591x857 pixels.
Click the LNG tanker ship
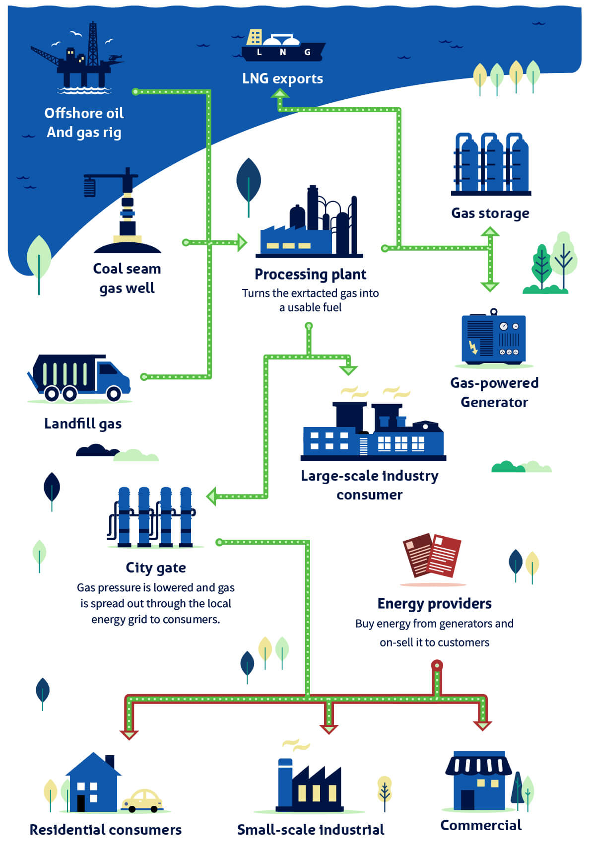click(282, 48)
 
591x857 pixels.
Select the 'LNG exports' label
click(282, 78)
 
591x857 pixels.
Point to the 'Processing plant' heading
click(310, 274)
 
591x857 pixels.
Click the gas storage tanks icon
click(491, 164)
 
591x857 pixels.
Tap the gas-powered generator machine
click(493, 338)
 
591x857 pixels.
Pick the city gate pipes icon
click(154, 517)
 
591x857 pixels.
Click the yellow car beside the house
click(142, 800)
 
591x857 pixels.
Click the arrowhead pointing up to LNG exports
click(280, 94)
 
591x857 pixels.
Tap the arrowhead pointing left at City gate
click(212, 496)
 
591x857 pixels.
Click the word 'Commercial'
click(481, 825)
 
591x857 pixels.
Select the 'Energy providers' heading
click(434, 603)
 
